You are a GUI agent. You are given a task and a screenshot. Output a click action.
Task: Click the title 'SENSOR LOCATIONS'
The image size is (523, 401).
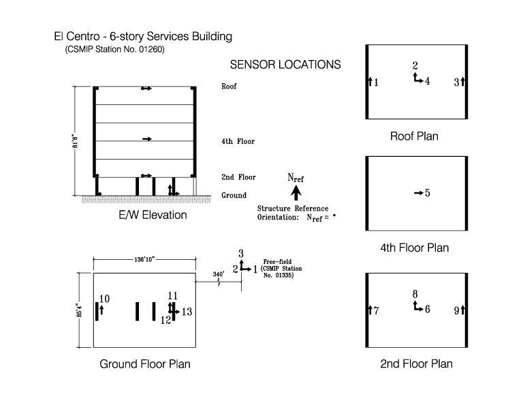point(285,65)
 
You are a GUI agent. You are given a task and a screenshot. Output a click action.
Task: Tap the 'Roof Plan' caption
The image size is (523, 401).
point(414,136)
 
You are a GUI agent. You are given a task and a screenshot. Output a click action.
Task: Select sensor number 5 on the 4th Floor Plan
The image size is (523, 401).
point(427,193)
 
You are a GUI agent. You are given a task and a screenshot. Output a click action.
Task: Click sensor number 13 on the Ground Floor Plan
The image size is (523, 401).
point(187,312)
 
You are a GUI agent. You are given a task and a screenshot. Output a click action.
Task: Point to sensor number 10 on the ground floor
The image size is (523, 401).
point(104,299)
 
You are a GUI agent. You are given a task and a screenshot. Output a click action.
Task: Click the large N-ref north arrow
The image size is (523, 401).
point(296,193)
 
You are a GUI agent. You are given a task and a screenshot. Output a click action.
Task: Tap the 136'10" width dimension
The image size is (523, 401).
point(144,259)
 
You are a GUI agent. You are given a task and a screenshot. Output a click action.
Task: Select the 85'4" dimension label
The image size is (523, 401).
point(80,310)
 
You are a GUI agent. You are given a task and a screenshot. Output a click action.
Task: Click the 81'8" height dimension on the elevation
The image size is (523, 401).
point(76,141)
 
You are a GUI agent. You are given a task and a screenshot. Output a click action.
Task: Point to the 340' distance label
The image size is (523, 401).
point(219,274)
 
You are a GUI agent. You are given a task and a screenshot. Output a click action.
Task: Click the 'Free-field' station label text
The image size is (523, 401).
point(277,262)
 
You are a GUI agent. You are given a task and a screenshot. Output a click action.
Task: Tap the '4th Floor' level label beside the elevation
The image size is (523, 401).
point(238,141)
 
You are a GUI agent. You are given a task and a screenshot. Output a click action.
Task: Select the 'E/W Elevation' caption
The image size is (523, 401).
point(153,215)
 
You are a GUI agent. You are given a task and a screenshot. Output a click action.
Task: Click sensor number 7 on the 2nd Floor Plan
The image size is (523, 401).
point(376,311)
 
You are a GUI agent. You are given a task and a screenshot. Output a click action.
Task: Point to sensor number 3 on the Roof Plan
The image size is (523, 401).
point(457,83)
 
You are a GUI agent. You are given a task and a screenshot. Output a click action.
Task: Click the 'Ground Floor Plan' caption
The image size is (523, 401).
point(145,363)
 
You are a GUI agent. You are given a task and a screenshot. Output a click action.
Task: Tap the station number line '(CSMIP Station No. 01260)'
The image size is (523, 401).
point(114,50)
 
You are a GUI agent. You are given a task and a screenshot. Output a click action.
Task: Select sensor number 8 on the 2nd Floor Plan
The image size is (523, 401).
point(415,294)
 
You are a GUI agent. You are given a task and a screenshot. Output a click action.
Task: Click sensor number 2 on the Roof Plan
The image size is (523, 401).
point(415,65)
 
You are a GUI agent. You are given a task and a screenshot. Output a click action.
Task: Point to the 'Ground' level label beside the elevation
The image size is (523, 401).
point(234,195)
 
